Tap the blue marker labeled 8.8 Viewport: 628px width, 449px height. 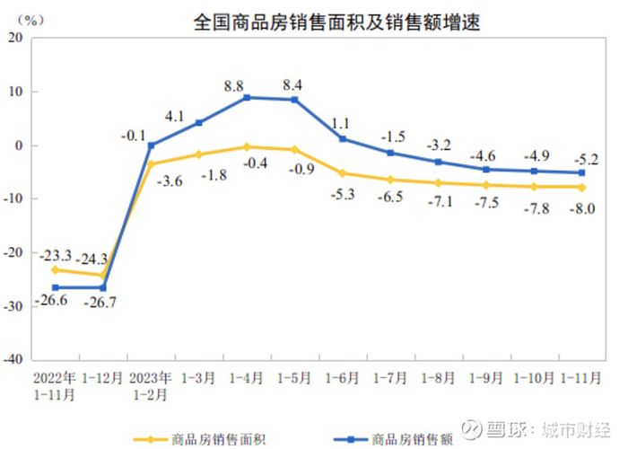pos(248,97)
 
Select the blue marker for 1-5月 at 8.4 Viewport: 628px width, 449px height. pos(294,100)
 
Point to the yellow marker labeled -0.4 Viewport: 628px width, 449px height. pos(248,146)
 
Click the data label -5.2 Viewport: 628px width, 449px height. pos(580,154)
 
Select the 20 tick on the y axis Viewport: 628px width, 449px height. pos(16,38)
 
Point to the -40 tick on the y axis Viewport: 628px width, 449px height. pos(13,359)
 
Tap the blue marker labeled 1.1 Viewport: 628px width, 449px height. pos(343,139)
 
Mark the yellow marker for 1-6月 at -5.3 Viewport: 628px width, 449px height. pos(343,173)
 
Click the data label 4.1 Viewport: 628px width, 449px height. pos(199,115)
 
